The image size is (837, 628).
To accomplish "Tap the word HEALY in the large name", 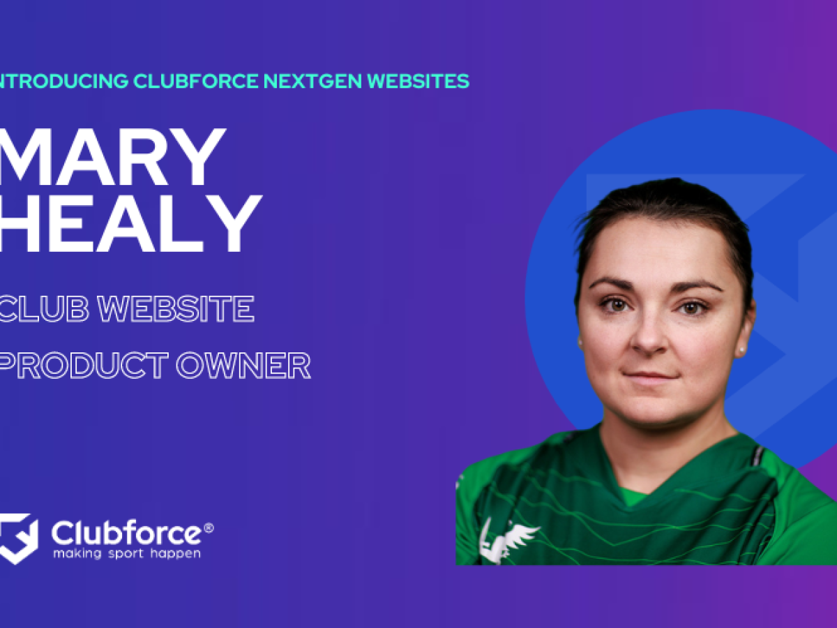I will coord(129,223).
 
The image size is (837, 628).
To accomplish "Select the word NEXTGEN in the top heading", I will coord(313,81).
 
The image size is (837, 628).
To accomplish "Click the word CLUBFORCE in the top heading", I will coord(195,81).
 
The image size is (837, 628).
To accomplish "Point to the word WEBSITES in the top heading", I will coord(418,81).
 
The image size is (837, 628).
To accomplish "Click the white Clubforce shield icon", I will coord(18,538).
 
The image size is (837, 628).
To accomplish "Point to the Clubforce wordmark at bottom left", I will coord(126,534).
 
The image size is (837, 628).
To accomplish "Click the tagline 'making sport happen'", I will coord(126,553).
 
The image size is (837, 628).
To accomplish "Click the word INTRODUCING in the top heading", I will coord(63,81).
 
